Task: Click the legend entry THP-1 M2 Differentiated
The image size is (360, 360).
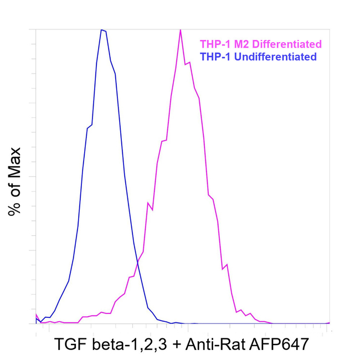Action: [260, 44]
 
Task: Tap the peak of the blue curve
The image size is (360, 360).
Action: [102, 30]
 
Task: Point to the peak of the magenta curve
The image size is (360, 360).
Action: [181, 30]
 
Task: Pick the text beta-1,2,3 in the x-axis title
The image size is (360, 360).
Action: [129, 344]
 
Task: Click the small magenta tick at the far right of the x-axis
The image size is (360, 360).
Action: [330, 322]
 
